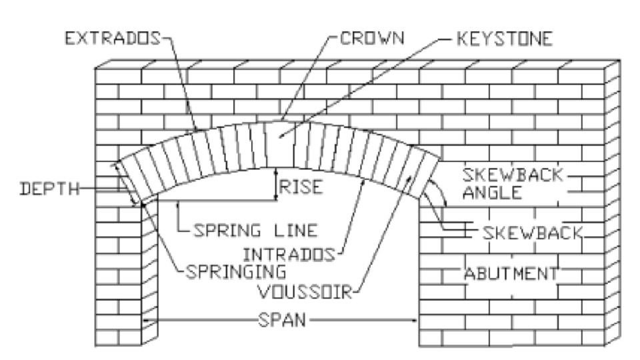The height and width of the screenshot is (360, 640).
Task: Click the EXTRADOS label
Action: (x=111, y=39)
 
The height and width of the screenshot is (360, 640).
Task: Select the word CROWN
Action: (x=373, y=39)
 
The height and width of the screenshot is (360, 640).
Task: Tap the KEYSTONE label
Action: (x=505, y=39)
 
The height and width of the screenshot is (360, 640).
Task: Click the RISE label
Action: (x=300, y=187)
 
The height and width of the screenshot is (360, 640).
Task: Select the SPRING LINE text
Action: (x=255, y=231)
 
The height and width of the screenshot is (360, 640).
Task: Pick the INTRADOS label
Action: (x=291, y=254)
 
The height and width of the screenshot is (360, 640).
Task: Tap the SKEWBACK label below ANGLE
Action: (x=533, y=233)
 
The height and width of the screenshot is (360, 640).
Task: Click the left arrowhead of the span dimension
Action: (x=148, y=321)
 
